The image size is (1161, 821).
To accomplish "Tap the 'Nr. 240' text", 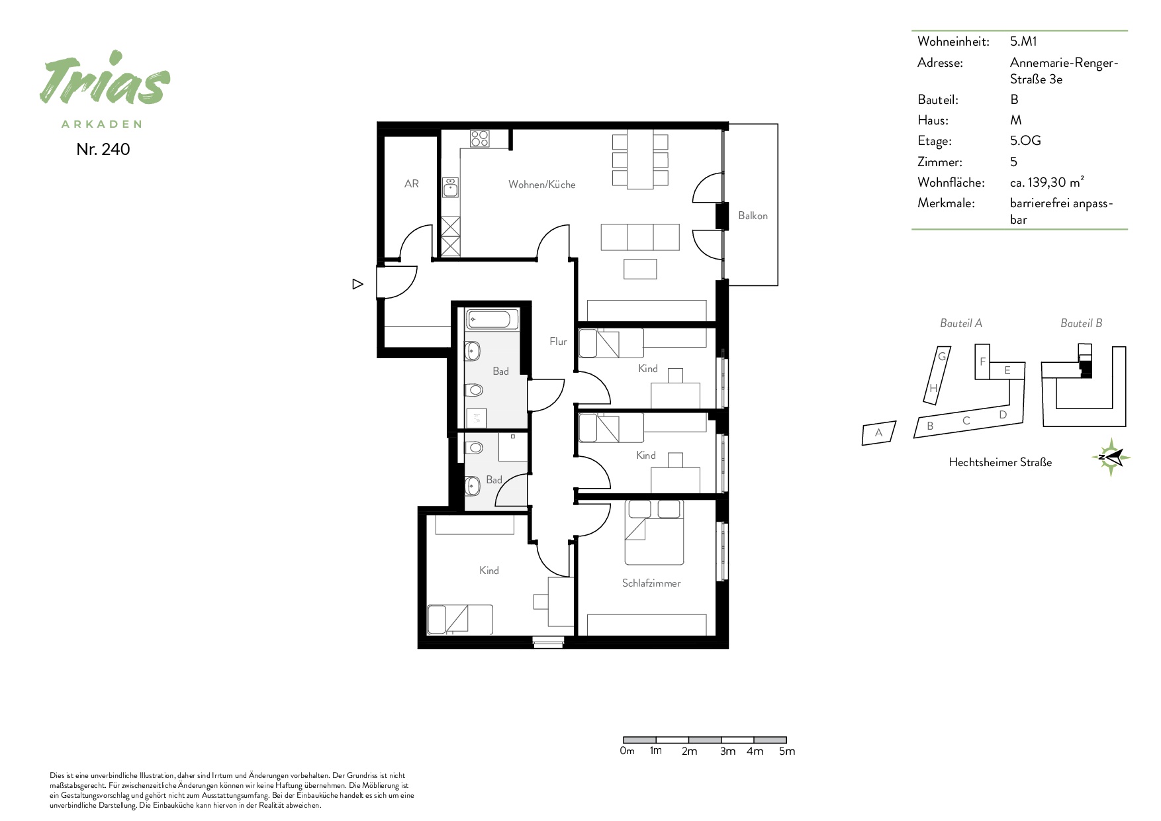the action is coord(103,150).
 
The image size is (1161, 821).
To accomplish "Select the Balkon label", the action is coord(753,216).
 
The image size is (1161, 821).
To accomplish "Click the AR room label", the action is coord(412,184).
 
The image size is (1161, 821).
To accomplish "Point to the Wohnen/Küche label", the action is coord(542,185).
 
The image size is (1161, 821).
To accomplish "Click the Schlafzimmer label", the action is coord(651,583).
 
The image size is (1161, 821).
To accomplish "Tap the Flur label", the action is coord(558,342).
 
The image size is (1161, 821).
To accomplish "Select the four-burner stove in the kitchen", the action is coord(480,138).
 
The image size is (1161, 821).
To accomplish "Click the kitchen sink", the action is coord(451,187).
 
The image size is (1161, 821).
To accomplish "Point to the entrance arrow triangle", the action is coord(357,284).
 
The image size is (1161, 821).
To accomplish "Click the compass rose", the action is coord(1111,457).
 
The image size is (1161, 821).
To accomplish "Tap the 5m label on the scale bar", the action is coord(787,751).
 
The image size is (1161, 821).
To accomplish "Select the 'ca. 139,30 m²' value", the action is coord(1047,182).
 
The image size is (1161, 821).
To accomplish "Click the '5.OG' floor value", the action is coord(1025,141).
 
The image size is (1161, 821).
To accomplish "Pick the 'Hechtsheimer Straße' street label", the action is coord(1000,463).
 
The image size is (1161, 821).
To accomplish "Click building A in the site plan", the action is coord(879,433).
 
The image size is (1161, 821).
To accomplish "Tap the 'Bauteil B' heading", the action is coord(1082,323).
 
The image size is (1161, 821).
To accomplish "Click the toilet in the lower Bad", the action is coord(474,449).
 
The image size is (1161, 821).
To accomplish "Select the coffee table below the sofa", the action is coord(640,269).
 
